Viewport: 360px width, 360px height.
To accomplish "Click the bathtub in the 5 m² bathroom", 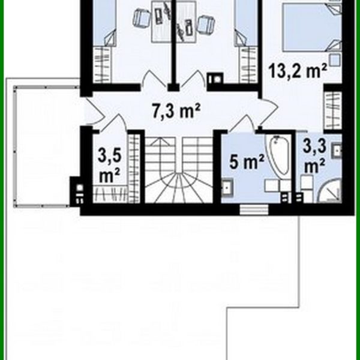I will pyautogui.click(x=277, y=157).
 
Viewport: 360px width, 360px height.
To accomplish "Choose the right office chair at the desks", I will pyautogui.click(x=205, y=24).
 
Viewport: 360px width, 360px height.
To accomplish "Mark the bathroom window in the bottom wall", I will pyautogui.click(x=247, y=209).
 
